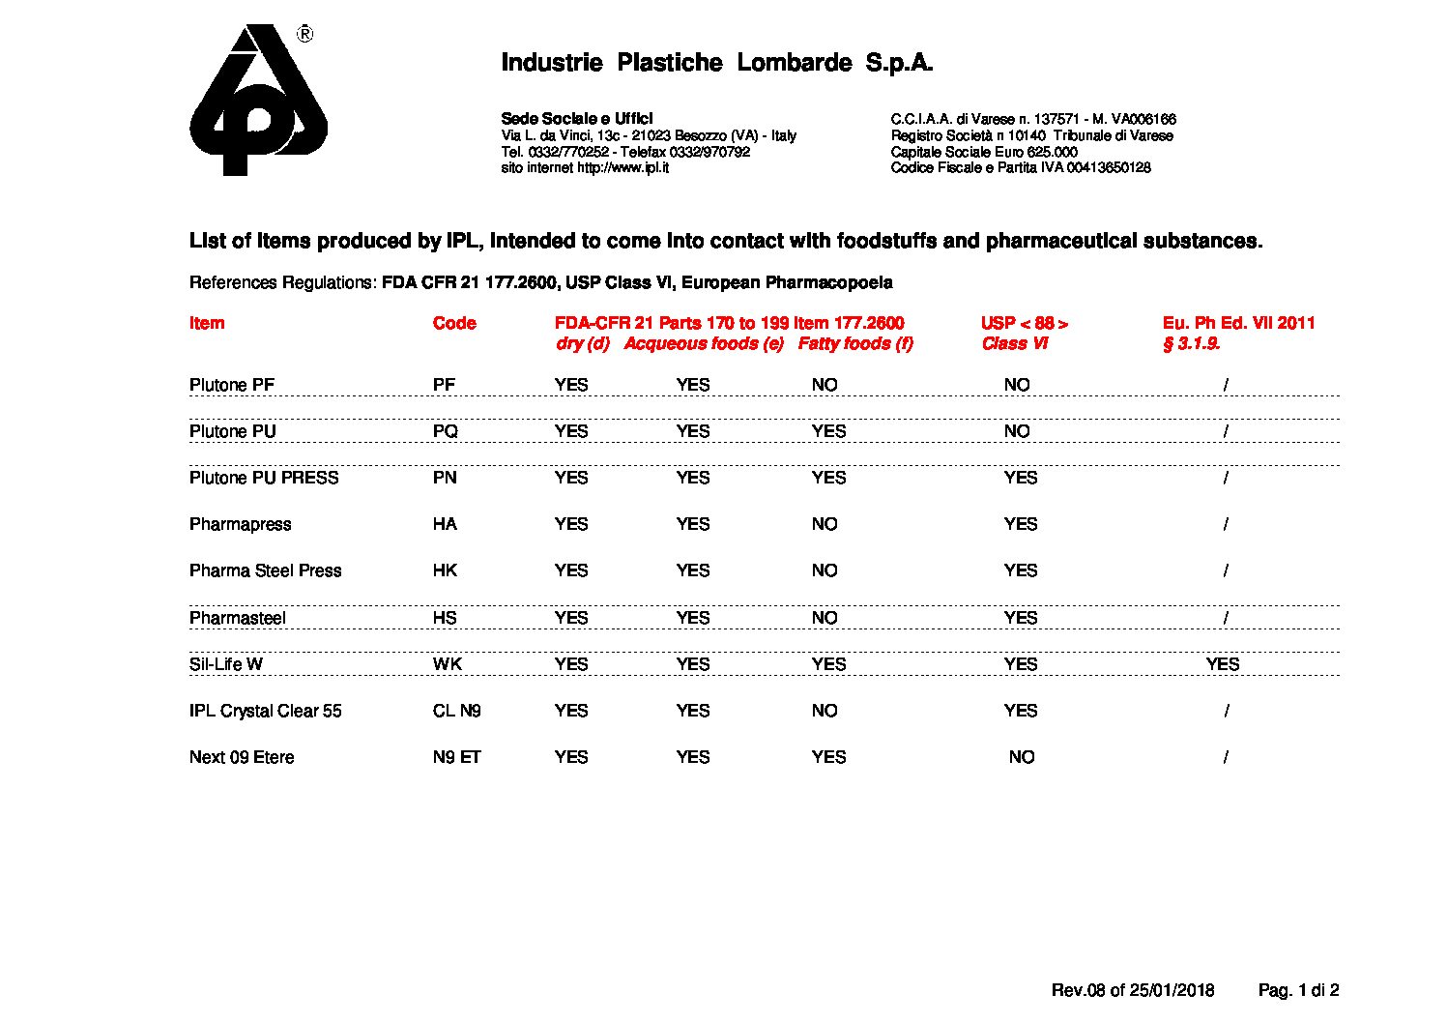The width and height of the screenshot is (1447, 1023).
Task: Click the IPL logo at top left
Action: tap(258, 100)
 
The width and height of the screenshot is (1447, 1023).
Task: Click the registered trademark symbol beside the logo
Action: tap(304, 35)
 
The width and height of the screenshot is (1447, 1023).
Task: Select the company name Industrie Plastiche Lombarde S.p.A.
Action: tap(716, 64)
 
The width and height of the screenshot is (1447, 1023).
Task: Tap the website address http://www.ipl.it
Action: tap(622, 167)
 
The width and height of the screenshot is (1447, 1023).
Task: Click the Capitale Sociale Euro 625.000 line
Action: tap(983, 152)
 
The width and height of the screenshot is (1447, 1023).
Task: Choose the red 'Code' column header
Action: tap(454, 323)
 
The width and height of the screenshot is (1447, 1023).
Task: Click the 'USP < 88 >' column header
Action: tap(1024, 323)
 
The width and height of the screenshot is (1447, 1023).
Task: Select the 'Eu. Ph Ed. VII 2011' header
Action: tap(1238, 323)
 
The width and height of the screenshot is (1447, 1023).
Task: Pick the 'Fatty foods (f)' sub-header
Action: tap(854, 343)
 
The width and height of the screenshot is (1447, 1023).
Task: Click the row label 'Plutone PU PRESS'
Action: tap(264, 478)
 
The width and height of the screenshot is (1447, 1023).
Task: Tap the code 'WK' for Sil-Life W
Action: tap(447, 664)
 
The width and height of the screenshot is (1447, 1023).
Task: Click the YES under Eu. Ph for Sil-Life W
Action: tap(1223, 664)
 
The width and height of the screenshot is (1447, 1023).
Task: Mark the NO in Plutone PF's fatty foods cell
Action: tap(825, 385)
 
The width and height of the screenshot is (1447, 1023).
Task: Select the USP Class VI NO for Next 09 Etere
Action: tap(1021, 757)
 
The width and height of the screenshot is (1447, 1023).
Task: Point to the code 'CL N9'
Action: tap(456, 711)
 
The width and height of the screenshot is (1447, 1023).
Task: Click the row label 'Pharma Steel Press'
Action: tap(265, 570)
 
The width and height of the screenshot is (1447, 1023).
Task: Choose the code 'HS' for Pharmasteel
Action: tap(445, 618)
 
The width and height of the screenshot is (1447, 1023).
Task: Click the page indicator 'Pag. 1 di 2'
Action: tap(1298, 990)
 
